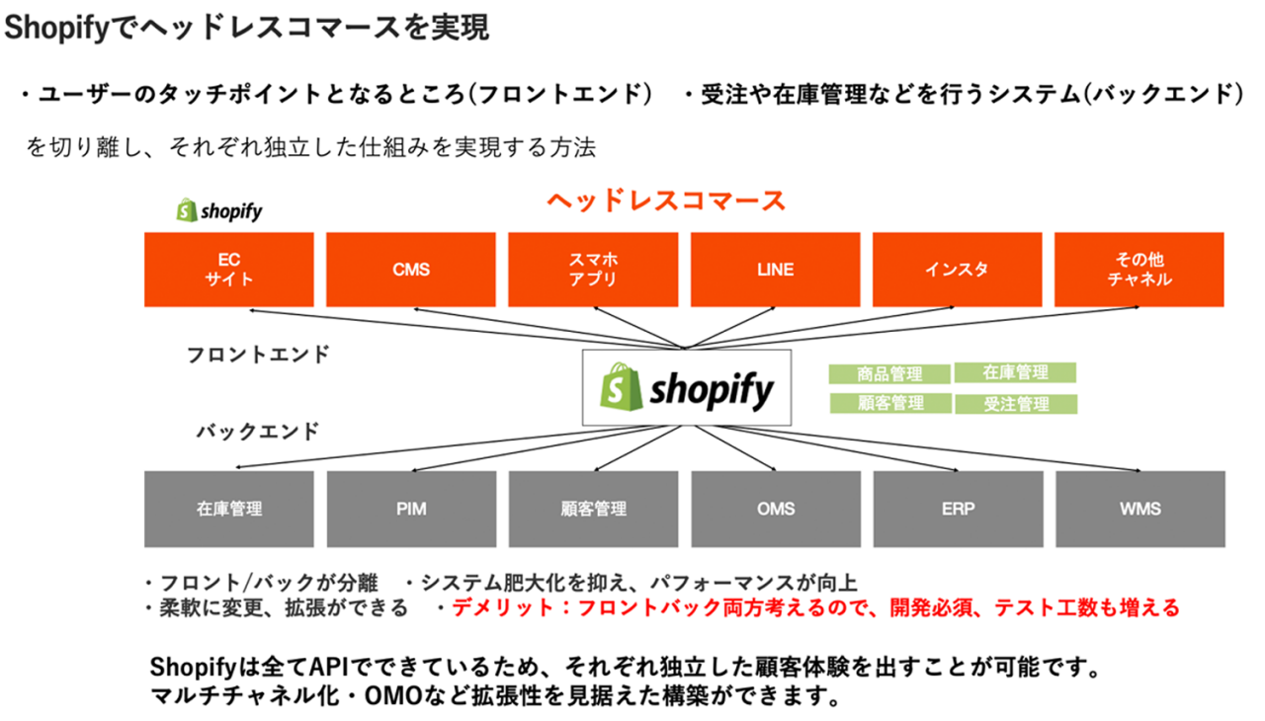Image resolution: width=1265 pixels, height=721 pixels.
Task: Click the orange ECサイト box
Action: tap(228, 269)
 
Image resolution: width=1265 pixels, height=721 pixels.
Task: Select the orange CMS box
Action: tap(410, 269)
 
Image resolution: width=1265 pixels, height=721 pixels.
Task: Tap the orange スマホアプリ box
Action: tap(593, 269)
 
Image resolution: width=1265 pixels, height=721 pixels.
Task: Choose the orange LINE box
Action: tap(775, 269)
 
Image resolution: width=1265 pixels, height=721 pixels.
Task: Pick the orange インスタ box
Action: tap(957, 269)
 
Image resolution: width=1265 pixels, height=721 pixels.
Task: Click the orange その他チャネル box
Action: tap(1138, 269)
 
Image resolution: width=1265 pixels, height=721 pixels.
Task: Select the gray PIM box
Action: tap(410, 510)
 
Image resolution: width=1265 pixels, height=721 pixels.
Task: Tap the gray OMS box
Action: tap(775, 510)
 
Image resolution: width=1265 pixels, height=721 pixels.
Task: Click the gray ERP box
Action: tap(957, 510)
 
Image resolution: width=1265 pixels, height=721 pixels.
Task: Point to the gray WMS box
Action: tap(1139, 510)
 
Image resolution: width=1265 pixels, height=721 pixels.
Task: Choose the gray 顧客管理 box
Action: tap(593, 510)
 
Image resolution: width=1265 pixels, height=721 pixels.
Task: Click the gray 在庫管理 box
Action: tap(228, 510)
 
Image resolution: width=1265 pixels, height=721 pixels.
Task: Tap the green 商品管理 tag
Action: tap(889, 374)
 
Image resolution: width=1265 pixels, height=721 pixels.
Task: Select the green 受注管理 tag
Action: tap(1016, 404)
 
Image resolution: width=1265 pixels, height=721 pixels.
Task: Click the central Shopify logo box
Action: tap(686, 387)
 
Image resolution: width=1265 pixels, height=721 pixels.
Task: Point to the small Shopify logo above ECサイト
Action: tap(219, 210)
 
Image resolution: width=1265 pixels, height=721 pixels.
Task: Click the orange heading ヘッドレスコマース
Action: tap(666, 201)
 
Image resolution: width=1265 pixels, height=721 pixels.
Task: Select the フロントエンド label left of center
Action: tap(258, 355)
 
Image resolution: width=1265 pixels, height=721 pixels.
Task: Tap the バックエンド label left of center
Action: tap(257, 432)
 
